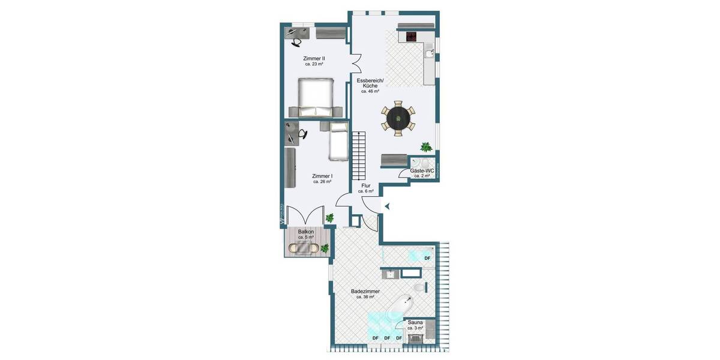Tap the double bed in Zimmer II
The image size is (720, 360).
click(x=315, y=95)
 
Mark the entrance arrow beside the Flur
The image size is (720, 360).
click(x=387, y=206)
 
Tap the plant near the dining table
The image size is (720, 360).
click(x=426, y=146)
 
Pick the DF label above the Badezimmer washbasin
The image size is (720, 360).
click(x=427, y=258)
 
